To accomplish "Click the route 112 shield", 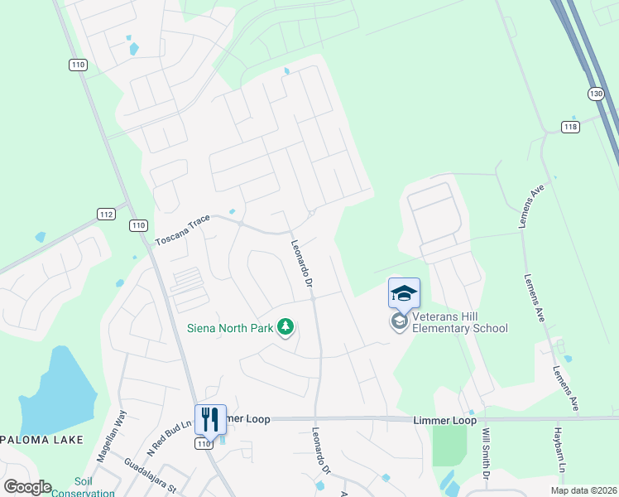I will [x=105, y=214].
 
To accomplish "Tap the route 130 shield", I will [x=596, y=94].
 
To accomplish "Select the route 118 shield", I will [x=570, y=127].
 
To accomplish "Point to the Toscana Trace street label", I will [x=183, y=231].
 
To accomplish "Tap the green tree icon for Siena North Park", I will [x=286, y=328].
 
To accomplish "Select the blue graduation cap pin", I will [x=404, y=294].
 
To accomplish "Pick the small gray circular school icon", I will [x=400, y=321].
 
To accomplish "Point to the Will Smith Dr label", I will [x=487, y=453].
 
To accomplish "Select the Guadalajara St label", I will [x=151, y=475].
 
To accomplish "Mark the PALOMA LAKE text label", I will [x=41, y=440].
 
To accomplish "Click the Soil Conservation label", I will [x=83, y=487].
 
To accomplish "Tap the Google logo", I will [x=27, y=486].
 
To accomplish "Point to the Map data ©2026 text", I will [x=583, y=490].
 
